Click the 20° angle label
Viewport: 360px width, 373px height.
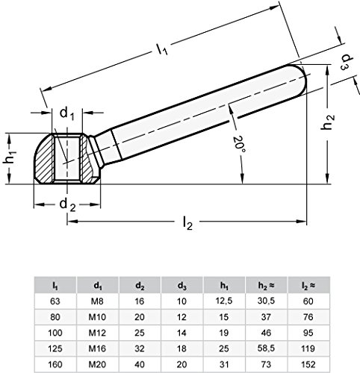click(239, 145)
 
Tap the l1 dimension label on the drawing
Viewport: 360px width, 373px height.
click(162, 48)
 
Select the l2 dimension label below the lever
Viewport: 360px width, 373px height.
click(187, 223)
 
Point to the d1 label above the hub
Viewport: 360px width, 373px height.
click(66, 114)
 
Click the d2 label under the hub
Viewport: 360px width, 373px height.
click(67, 205)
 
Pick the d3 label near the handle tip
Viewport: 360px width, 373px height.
click(347, 62)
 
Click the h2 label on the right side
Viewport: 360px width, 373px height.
click(328, 122)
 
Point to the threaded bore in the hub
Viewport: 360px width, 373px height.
click(67, 158)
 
